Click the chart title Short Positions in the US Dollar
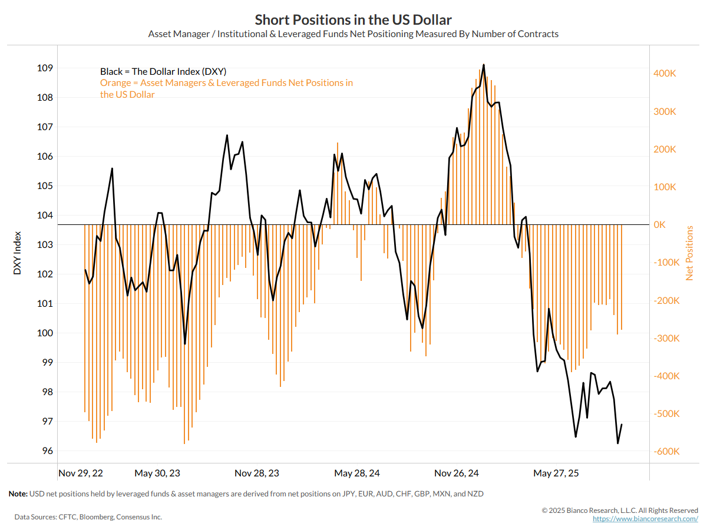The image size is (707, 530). pos(353,19)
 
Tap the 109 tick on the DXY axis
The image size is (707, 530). pos(45,68)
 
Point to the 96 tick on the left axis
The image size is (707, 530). pos(47,451)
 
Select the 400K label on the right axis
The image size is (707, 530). pos(667,74)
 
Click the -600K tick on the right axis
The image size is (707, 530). pos(667,452)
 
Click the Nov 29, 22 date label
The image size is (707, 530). pos(81,473)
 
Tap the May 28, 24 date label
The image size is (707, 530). pos(357,473)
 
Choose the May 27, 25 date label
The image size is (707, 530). pos(556,473)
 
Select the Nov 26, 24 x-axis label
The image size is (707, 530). pos(457,473)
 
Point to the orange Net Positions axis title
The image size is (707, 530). pos(690,253)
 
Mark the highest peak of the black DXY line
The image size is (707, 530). pos(484,65)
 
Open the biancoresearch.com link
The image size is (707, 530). pos(645,519)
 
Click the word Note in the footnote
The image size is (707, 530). pos(18,493)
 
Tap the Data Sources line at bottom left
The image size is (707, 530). pos(88,516)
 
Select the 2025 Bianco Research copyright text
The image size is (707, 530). pos(620,510)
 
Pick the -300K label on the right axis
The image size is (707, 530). pos(667,338)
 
